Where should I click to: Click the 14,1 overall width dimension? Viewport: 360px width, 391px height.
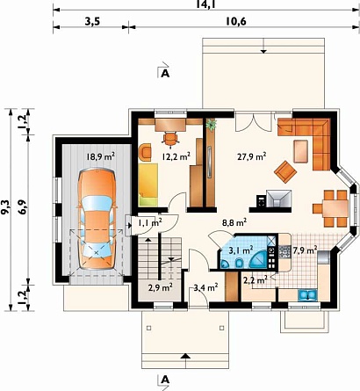tap(205, 4)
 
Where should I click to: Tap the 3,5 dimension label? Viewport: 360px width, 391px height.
tap(93, 22)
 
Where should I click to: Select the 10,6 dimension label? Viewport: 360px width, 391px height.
tap(236, 21)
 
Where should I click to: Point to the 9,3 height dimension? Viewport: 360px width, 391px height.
tap(5, 207)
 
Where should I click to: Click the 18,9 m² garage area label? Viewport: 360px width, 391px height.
tap(100, 156)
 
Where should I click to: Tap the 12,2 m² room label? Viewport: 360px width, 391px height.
tap(176, 156)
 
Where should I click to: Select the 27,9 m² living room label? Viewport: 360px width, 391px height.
tap(251, 156)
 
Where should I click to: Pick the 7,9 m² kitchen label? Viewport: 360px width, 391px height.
tap(306, 250)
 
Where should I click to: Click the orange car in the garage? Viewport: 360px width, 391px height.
tap(97, 219)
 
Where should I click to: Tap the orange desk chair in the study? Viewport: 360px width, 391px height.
tap(170, 138)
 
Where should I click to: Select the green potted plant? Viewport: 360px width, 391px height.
tap(211, 125)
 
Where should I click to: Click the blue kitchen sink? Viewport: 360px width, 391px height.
tap(307, 295)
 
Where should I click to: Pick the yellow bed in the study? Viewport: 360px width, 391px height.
tap(148, 185)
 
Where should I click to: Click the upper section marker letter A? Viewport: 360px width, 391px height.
tap(166, 74)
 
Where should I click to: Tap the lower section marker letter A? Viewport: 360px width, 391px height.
tap(166, 380)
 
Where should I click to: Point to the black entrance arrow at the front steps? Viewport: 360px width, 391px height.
tap(185, 356)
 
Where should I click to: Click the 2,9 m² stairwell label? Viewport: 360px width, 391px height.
tap(160, 287)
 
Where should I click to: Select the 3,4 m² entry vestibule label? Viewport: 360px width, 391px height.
tap(205, 287)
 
